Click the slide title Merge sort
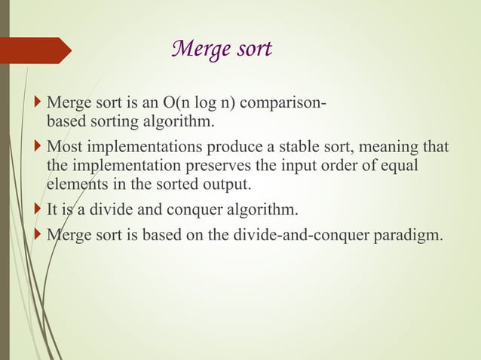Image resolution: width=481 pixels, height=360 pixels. [x=222, y=50]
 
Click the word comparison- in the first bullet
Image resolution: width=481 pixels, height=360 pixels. [x=287, y=102]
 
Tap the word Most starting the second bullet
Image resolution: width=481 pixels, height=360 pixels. [x=63, y=147]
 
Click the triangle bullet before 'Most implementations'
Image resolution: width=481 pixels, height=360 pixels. [x=39, y=146]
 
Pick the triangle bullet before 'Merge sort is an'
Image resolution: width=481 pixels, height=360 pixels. [x=39, y=101]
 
